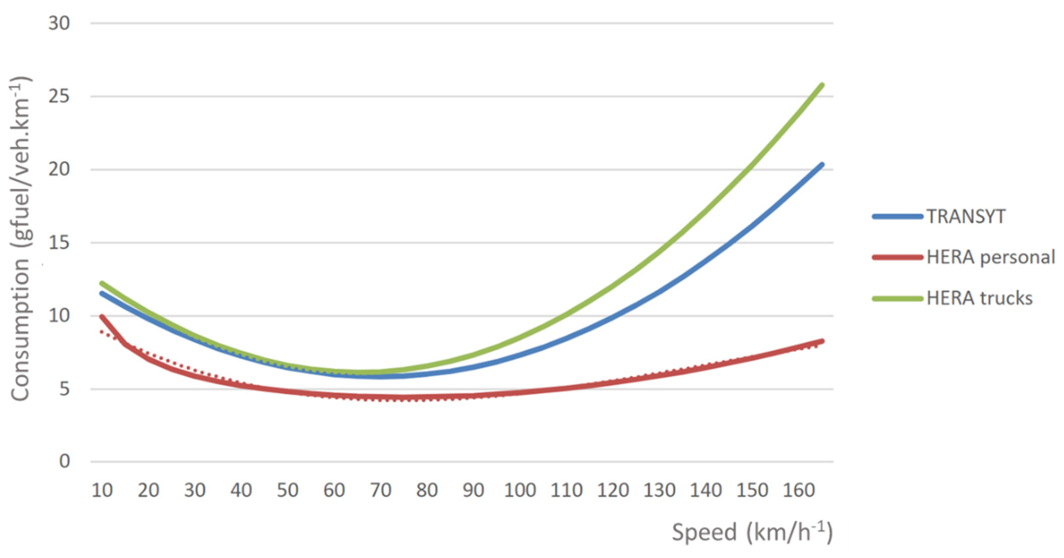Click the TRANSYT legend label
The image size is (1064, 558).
pos(966,216)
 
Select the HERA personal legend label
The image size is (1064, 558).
pos(991,257)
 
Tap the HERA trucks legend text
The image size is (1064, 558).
pos(979,298)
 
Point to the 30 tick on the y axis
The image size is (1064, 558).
pos(59,23)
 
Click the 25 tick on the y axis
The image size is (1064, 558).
pos(59,97)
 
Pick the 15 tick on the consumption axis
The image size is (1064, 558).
pos(59,243)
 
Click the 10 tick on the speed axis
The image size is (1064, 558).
pos(102,490)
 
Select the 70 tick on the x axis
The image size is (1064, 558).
pos(380,490)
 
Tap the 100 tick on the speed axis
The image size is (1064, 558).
pos(520,490)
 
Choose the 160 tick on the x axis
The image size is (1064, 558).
pos(799,490)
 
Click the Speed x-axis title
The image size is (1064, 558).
pos(752,532)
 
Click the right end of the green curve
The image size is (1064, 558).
pos(822,86)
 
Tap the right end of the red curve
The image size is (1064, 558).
pos(822,341)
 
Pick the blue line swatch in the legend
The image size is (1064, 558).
pos(897,216)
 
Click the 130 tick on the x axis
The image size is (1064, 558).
pos(659,490)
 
